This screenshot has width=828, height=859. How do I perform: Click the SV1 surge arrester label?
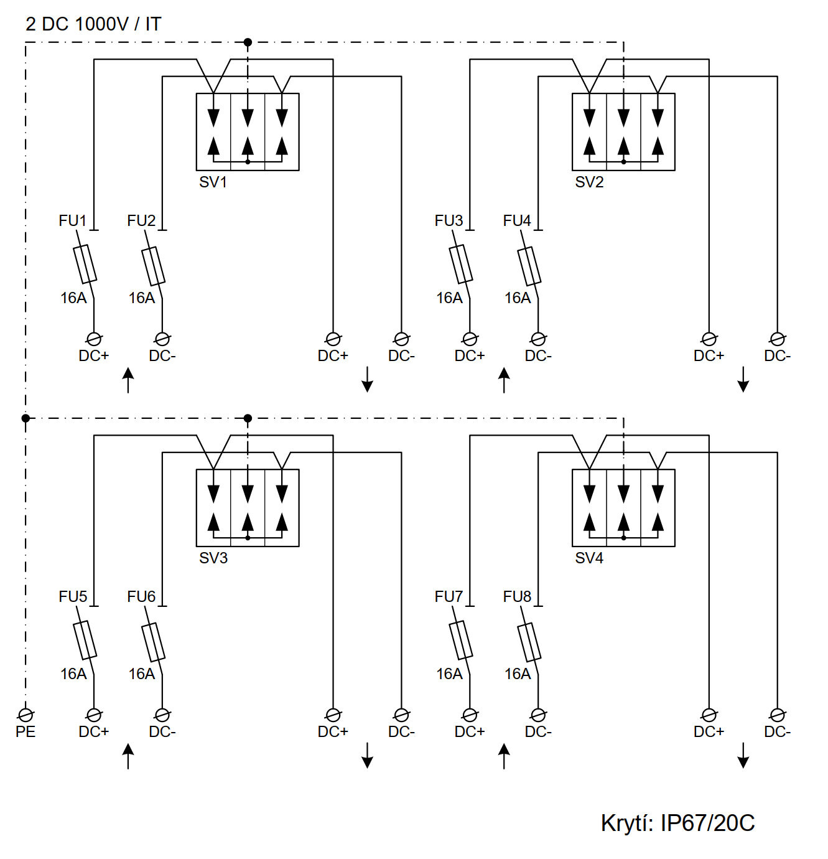(213, 182)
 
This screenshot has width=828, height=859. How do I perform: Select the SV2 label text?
(588, 182)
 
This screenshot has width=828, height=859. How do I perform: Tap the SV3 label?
(213, 558)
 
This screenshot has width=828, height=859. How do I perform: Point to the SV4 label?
(588, 558)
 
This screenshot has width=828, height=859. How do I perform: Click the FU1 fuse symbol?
(85, 264)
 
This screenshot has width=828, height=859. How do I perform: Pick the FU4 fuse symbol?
(529, 266)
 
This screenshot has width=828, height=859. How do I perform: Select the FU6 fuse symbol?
(154, 642)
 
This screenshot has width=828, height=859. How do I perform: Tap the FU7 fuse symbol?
(461, 640)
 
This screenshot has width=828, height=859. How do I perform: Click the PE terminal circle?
(26, 715)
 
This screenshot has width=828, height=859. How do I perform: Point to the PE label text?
(26, 731)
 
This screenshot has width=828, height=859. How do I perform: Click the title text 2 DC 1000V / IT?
(93, 24)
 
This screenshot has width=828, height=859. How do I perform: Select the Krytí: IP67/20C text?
(677, 823)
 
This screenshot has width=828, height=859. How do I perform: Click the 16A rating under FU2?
(141, 298)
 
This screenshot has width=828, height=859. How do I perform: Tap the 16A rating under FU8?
(517, 674)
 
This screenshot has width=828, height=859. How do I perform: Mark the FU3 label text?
(449, 221)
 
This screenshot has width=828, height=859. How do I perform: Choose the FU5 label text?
(73, 597)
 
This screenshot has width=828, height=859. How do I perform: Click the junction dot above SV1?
(248, 42)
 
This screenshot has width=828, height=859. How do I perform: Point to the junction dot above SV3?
(248, 418)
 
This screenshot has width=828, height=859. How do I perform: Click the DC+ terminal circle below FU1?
(94, 339)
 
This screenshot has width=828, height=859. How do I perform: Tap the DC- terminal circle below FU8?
(538, 715)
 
